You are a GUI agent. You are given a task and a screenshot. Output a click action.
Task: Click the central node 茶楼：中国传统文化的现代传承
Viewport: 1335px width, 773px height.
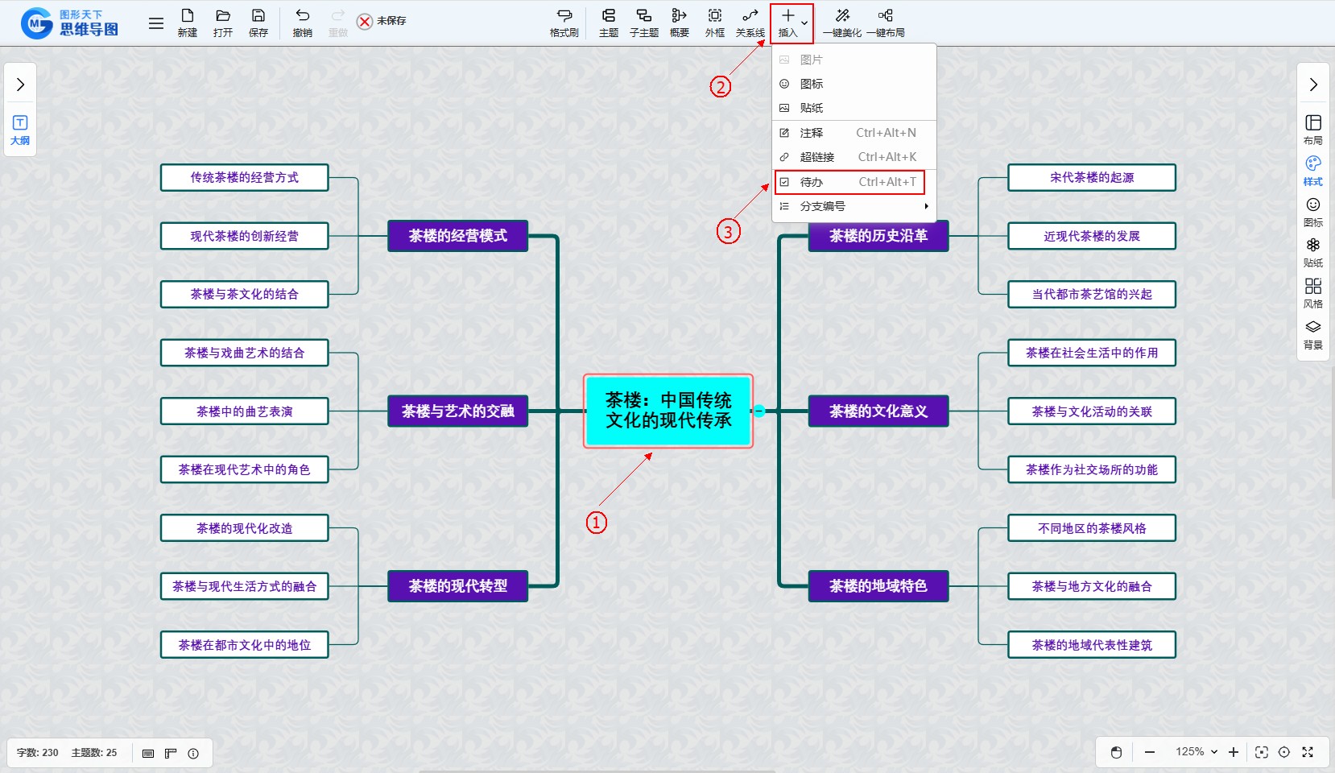pyautogui.click(x=668, y=411)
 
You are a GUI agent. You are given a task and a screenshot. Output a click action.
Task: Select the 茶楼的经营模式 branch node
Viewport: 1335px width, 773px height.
pyautogui.click(x=457, y=236)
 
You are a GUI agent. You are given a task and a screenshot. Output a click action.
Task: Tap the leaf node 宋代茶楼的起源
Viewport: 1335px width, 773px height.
pyautogui.click(x=1091, y=178)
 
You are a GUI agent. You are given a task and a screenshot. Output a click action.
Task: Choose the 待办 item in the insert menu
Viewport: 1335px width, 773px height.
pyautogui.click(x=849, y=182)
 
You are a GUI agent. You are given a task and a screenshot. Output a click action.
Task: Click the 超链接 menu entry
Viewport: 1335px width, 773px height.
pyautogui.click(x=849, y=157)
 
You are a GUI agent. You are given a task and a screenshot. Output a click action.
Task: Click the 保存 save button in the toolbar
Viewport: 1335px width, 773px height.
pyautogui.click(x=258, y=23)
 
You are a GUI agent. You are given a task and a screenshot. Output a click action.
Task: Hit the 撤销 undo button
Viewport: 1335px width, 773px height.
pyautogui.click(x=303, y=23)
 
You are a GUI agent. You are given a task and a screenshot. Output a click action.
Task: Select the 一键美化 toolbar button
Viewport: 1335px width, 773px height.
pyautogui.click(x=842, y=23)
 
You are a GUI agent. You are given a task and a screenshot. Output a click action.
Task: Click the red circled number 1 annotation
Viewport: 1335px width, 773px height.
pyautogui.click(x=596, y=523)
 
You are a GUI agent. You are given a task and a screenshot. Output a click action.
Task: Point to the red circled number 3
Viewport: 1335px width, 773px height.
pyautogui.click(x=728, y=232)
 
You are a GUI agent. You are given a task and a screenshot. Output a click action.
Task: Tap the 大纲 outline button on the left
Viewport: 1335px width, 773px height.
pyautogui.click(x=20, y=130)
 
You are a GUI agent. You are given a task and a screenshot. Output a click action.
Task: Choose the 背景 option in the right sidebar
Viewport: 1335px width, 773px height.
pyautogui.click(x=1312, y=334)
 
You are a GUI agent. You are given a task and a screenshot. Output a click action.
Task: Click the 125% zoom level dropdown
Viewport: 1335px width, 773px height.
pyautogui.click(x=1196, y=752)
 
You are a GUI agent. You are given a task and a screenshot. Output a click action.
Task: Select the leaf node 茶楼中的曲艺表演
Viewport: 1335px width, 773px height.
pyautogui.click(x=245, y=411)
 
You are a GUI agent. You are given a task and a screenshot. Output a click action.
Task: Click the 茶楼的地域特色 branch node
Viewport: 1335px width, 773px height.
pyautogui.click(x=878, y=586)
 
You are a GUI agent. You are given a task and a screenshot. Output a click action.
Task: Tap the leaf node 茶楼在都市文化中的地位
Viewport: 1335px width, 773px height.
pyautogui.click(x=245, y=645)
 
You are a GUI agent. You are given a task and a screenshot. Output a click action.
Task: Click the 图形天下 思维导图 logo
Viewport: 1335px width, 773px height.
pyautogui.click(x=71, y=23)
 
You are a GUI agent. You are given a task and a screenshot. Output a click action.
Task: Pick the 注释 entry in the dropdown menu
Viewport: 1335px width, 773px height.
pyautogui.click(x=849, y=133)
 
